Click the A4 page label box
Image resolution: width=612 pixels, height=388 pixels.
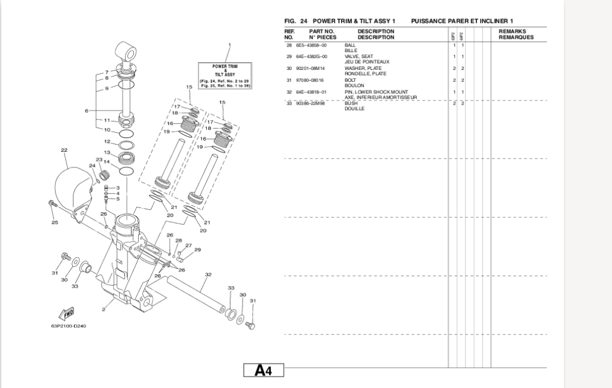point(264,371)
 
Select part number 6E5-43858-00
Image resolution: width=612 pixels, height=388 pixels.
point(311,45)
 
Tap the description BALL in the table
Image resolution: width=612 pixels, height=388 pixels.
point(351,45)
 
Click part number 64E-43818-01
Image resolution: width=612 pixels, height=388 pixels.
point(311,92)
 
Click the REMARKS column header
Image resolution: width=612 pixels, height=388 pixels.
point(512,30)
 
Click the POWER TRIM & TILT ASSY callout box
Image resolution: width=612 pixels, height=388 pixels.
point(224,75)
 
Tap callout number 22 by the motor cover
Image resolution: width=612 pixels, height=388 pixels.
point(64,150)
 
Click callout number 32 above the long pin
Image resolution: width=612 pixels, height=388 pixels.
point(208,275)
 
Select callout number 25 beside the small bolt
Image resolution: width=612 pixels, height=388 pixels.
point(54,223)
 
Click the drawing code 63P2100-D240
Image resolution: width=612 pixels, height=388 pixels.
point(69,326)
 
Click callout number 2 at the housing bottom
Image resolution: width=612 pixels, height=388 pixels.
point(103,310)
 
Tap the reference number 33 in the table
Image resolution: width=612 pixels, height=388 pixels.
point(289,103)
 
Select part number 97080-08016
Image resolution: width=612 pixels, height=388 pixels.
point(311,80)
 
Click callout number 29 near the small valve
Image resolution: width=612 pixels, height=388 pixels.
point(197,250)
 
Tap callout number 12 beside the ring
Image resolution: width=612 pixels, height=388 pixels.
point(107,142)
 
